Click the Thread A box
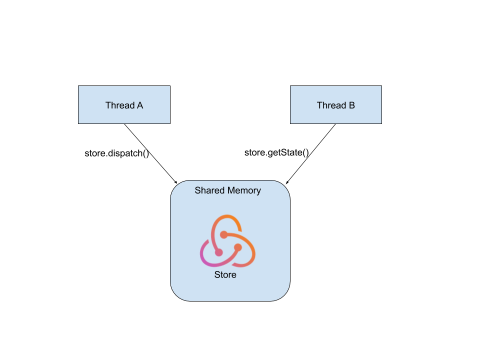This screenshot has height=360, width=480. (124, 104)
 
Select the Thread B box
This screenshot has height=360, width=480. (336, 104)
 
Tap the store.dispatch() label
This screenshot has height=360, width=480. (117, 153)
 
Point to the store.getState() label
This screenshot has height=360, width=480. (276, 152)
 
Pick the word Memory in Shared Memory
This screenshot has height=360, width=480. (244, 190)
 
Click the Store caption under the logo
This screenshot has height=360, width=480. (225, 274)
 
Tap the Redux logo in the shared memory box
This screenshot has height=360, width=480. (227, 241)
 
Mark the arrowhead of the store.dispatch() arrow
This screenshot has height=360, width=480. (175, 181)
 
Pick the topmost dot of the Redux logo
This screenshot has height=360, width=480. (224, 234)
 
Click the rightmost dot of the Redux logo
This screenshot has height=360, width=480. (238, 247)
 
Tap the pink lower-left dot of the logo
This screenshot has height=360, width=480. (218, 252)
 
